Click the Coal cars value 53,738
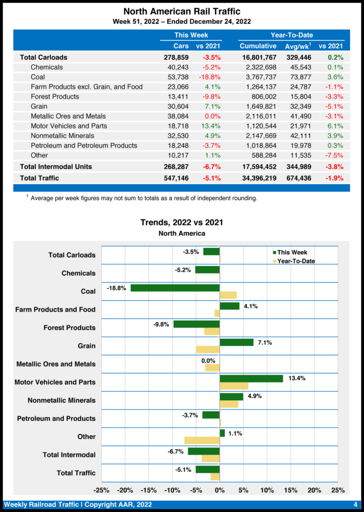(x=178, y=77)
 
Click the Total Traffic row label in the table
(x=39, y=178)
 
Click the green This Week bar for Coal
(x=175, y=288)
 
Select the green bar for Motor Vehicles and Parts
(x=251, y=378)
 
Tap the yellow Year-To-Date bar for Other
(x=202, y=440)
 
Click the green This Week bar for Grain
(x=236, y=342)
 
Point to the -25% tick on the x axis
(x=102, y=490)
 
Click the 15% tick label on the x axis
(x=290, y=490)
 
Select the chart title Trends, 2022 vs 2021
(x=181, y=222)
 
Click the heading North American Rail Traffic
(x=181, y=11)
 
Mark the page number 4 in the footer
(x=355, y=504)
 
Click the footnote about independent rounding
(x=143, y=198)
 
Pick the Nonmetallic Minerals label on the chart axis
(x=61, y=400)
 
